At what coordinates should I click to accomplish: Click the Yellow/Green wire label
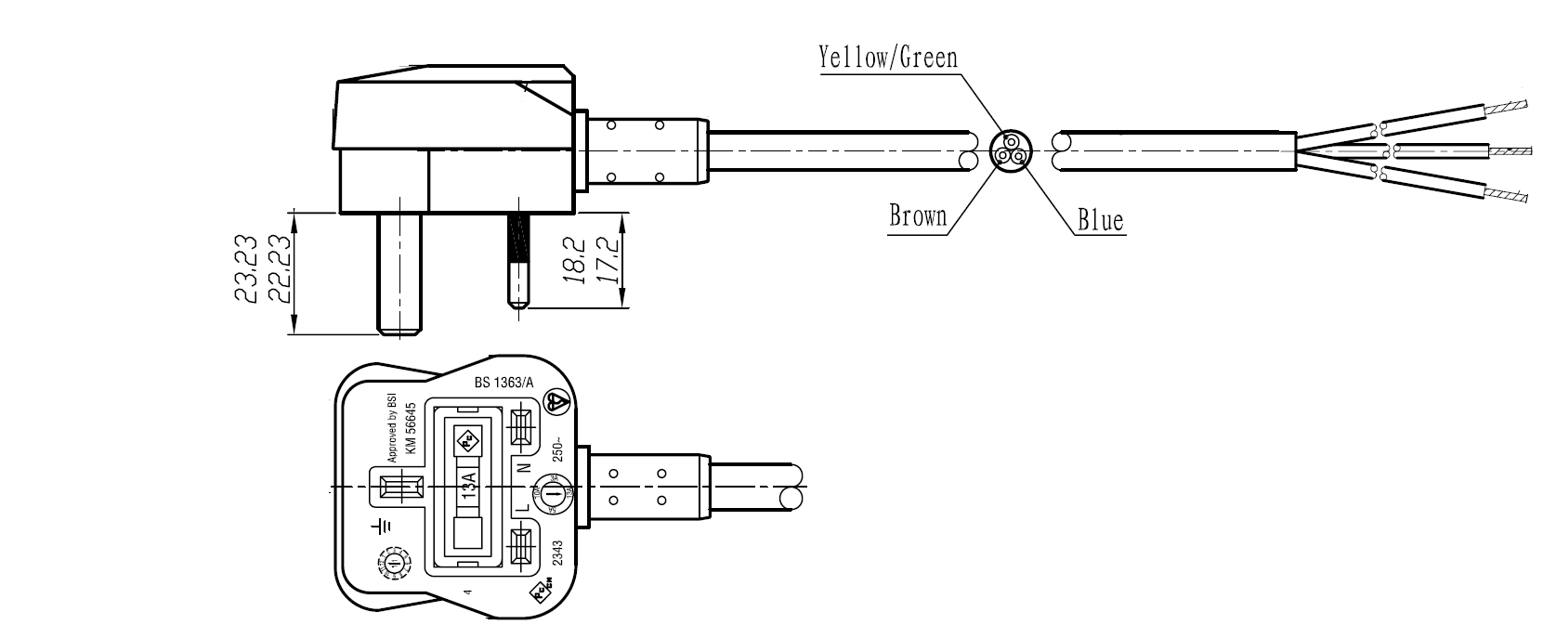click(887, 58)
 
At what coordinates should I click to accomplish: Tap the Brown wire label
click(918, 216)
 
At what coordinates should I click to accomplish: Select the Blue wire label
click(1100, 221)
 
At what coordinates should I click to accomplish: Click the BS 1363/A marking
click(497, 382)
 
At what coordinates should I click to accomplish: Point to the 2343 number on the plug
click(557, 554)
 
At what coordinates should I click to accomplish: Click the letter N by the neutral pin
click(523, 470)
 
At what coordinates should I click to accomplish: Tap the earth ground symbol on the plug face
click(382, 527)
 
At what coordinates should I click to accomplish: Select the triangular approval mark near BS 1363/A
click(556, 402)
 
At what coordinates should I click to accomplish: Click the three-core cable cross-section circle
click(1011, 150)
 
